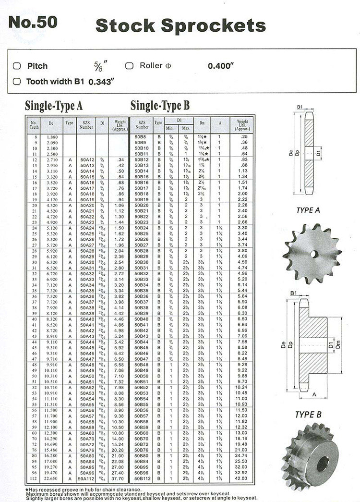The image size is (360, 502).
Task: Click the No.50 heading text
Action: coord(33,23)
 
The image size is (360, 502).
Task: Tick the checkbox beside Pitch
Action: coord(17,66)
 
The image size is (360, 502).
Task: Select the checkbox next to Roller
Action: coord(129,66)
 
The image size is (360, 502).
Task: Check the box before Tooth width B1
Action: coord(17,81)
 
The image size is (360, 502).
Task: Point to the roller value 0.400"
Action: coord(220,66)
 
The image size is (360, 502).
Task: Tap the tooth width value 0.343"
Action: coord(101,82)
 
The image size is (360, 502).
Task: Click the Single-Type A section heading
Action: coord(54,106)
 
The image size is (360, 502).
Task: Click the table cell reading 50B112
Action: coord(142,478)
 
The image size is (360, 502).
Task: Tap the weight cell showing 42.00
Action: coord(242,478)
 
